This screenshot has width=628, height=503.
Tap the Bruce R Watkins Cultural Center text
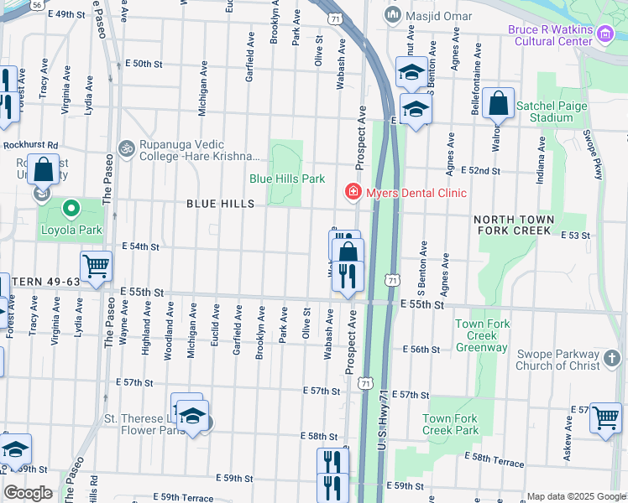tap(563, 37)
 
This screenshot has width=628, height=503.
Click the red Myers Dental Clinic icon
tap(353, 193)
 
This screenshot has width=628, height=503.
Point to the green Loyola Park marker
tap(72, 207)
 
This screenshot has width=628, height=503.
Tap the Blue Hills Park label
tap(286, 179)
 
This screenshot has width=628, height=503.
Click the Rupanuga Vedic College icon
tap(126, 148)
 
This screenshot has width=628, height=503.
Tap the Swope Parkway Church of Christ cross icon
tap(613, 360)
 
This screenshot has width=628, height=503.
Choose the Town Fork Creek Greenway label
tap(481, 335)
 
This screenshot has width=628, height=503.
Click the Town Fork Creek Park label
tap(450, 424)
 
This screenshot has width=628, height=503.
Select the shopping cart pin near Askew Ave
tap(604, 417)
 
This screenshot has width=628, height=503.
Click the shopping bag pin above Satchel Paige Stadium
tap(498, 105)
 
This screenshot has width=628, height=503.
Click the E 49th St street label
tap(67, 15)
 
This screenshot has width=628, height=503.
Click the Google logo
tap(28, 493)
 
